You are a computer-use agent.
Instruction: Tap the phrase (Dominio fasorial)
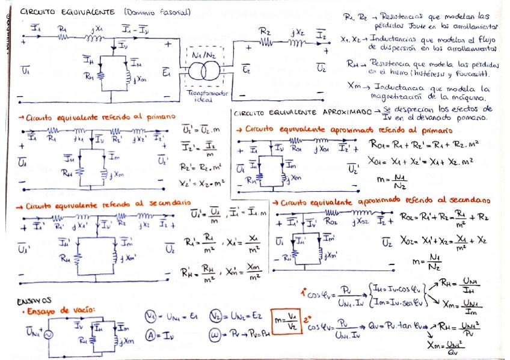(x=158, y=11)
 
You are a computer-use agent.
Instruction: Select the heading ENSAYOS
(x=34, y=301)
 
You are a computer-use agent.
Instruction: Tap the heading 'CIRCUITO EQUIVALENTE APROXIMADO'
(x=302, y=112)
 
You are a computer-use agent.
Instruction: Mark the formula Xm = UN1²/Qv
(x=446, y=346)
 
